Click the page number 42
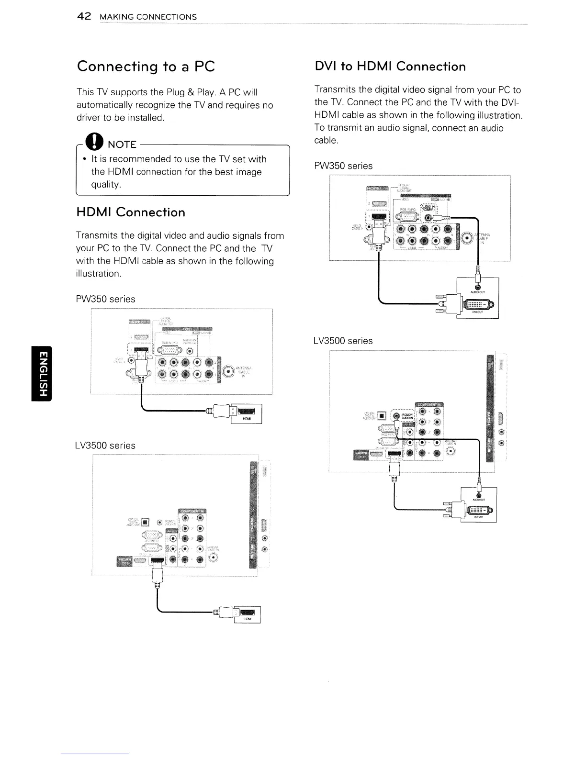(x=84, y=17)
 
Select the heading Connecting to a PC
(x=146, y=66)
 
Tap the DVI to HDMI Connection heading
(x=390, y=66)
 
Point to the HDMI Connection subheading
(x=131, y=212)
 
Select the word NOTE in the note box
(x=122, y=145)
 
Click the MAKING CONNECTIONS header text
(x=147, y=17)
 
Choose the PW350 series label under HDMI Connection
(x=105, y=299)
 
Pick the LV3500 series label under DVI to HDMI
(x=342, y=341)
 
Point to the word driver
(x=90, y=118)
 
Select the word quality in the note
(x=105, y=184)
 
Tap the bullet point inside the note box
(x=84, y=159)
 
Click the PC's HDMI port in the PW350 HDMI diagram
(x=246, y=411)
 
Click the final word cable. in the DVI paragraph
(x=327, y=141)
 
